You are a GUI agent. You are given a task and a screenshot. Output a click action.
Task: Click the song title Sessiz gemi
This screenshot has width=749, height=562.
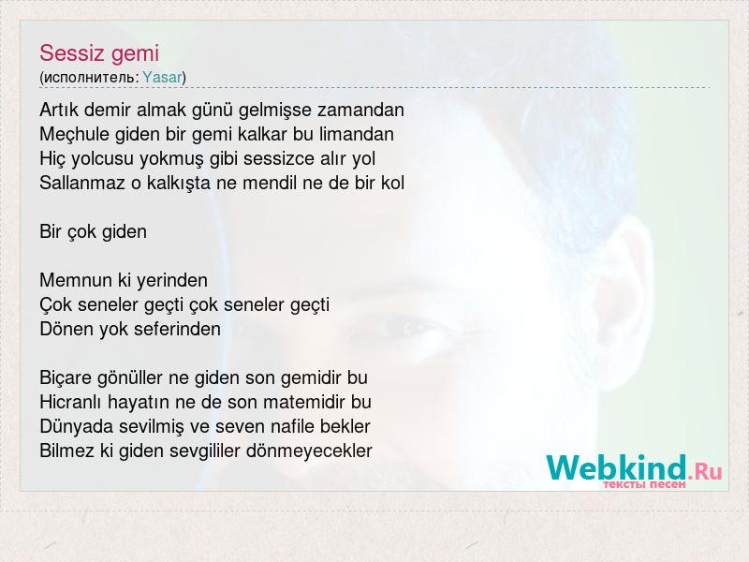click(99, 53)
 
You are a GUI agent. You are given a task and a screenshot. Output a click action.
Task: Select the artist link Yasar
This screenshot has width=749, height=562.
click(162, 78)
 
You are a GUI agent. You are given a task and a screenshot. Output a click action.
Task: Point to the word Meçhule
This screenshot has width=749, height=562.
click(75, 135)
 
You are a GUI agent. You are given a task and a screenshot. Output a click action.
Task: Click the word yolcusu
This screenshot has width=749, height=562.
click(102, 159)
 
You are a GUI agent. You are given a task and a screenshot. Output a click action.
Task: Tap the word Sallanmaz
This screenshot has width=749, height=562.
click(82, 183)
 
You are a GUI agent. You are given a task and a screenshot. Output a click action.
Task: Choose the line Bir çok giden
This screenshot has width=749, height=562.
click(93, 232)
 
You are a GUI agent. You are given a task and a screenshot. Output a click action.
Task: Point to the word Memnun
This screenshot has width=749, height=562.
click(76, 280)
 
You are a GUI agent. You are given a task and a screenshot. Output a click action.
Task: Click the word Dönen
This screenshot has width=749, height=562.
click(66, 330)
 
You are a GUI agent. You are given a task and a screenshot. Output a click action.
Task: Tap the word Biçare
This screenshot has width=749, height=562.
click(66, 378)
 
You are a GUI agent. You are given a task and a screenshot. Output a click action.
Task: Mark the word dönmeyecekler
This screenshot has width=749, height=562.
click(309, 451)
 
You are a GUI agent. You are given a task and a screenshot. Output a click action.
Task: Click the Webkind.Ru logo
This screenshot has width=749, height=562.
click(634, 468)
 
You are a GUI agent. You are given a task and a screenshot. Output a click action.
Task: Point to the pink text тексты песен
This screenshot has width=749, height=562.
click(644, 484)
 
